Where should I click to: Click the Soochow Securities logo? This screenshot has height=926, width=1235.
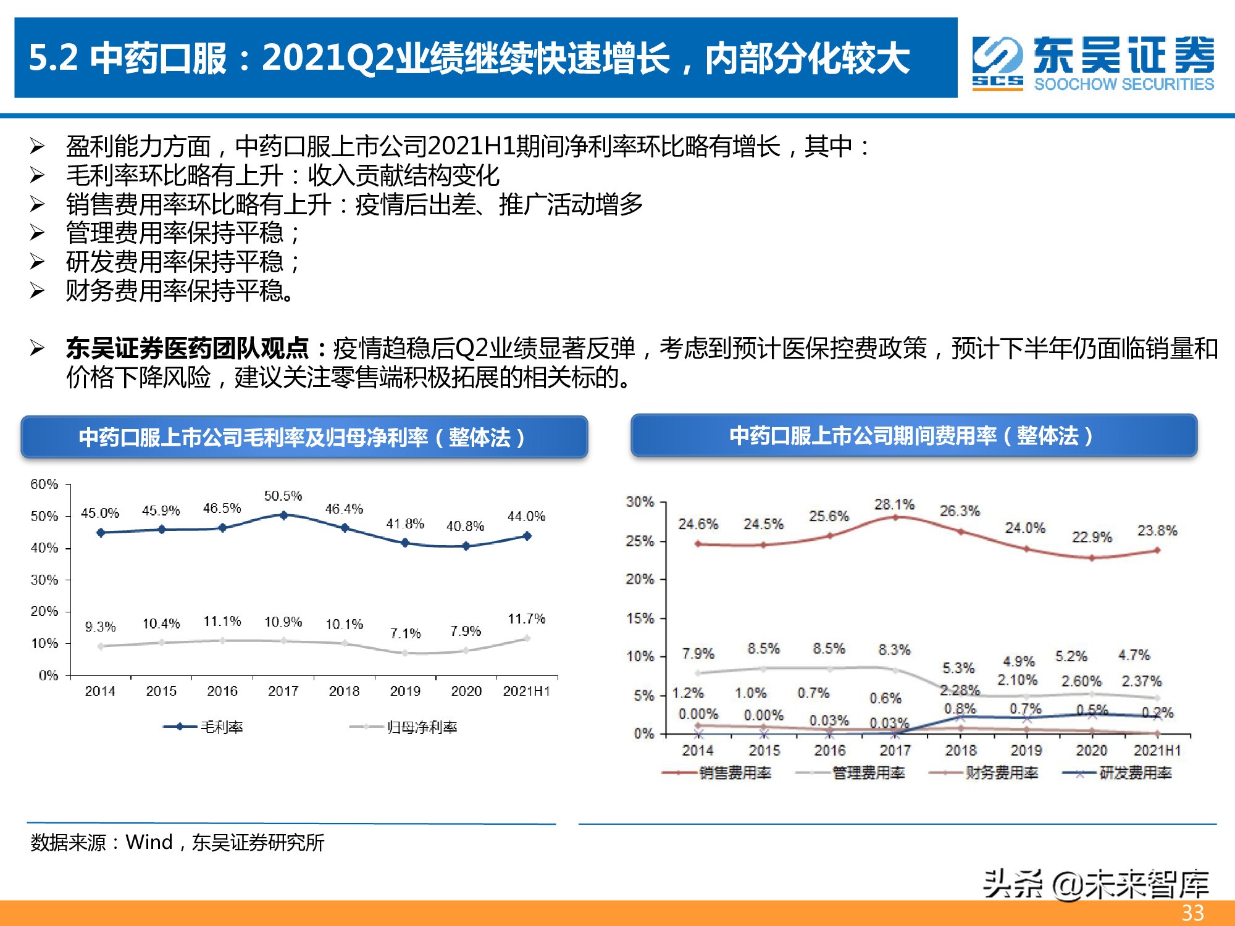(x=1092, y=63)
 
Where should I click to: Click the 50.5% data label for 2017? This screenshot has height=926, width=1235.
(x=283, y=496)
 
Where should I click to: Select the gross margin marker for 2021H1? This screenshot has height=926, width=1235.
(x=527, y=536)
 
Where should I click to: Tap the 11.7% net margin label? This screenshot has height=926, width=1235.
(x=526, y=619)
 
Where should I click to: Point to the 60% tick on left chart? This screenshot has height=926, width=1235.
(x=44, y=484)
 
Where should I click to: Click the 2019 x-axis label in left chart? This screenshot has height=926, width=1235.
(x=405, y=691)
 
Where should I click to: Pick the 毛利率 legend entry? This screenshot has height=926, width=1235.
(x=204, y=727)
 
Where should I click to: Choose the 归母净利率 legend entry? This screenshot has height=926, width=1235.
(x=404, y=727)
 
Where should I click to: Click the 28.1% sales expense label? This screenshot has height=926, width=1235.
(x=894, y=504)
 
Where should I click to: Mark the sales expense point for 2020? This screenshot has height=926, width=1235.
(x=1092, y=558)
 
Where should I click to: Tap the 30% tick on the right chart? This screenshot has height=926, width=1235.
(x=640, y=502)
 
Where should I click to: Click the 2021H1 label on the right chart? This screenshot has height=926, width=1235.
(x=1157, y=751)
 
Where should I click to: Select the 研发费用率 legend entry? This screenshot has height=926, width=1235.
(x=1118, y=773)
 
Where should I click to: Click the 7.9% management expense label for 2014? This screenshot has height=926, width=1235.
(x=698, y=653)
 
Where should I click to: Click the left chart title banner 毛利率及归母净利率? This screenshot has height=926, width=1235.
(x=304, y=437)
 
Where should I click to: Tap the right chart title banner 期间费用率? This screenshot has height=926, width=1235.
(x=913, y=436)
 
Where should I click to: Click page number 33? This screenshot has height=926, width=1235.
(x=1192, y=913)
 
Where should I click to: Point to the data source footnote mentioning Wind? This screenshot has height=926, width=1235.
(x=177, y=842)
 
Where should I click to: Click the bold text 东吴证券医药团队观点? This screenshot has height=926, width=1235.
(x=187, y=349)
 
